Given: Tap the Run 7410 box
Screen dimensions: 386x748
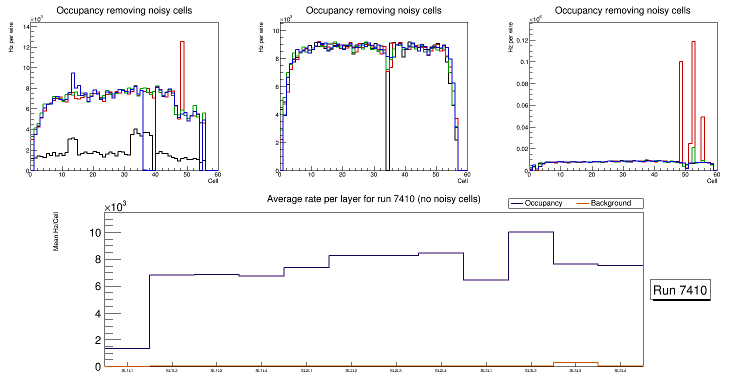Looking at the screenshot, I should tap(680, 290).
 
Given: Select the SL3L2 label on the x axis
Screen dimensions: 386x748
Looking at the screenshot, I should tap(530, 371).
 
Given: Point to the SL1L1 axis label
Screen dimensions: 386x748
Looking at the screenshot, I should tap(127, 371).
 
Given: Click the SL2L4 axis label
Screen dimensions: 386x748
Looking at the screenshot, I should tap(440, 371).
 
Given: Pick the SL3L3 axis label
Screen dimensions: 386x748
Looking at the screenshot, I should tap(575, 371).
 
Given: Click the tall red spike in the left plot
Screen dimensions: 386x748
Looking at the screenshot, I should tap(182, 75).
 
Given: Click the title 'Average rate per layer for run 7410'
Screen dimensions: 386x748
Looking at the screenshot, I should tap(373, 199).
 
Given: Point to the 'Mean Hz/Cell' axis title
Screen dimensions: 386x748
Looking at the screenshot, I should tap(56, 233).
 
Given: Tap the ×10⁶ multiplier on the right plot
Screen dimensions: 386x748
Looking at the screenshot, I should tap(535, 19).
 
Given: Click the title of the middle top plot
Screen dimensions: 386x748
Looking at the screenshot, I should tap(373, 10).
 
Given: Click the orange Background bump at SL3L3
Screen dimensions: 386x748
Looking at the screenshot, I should tap(575, 362).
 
